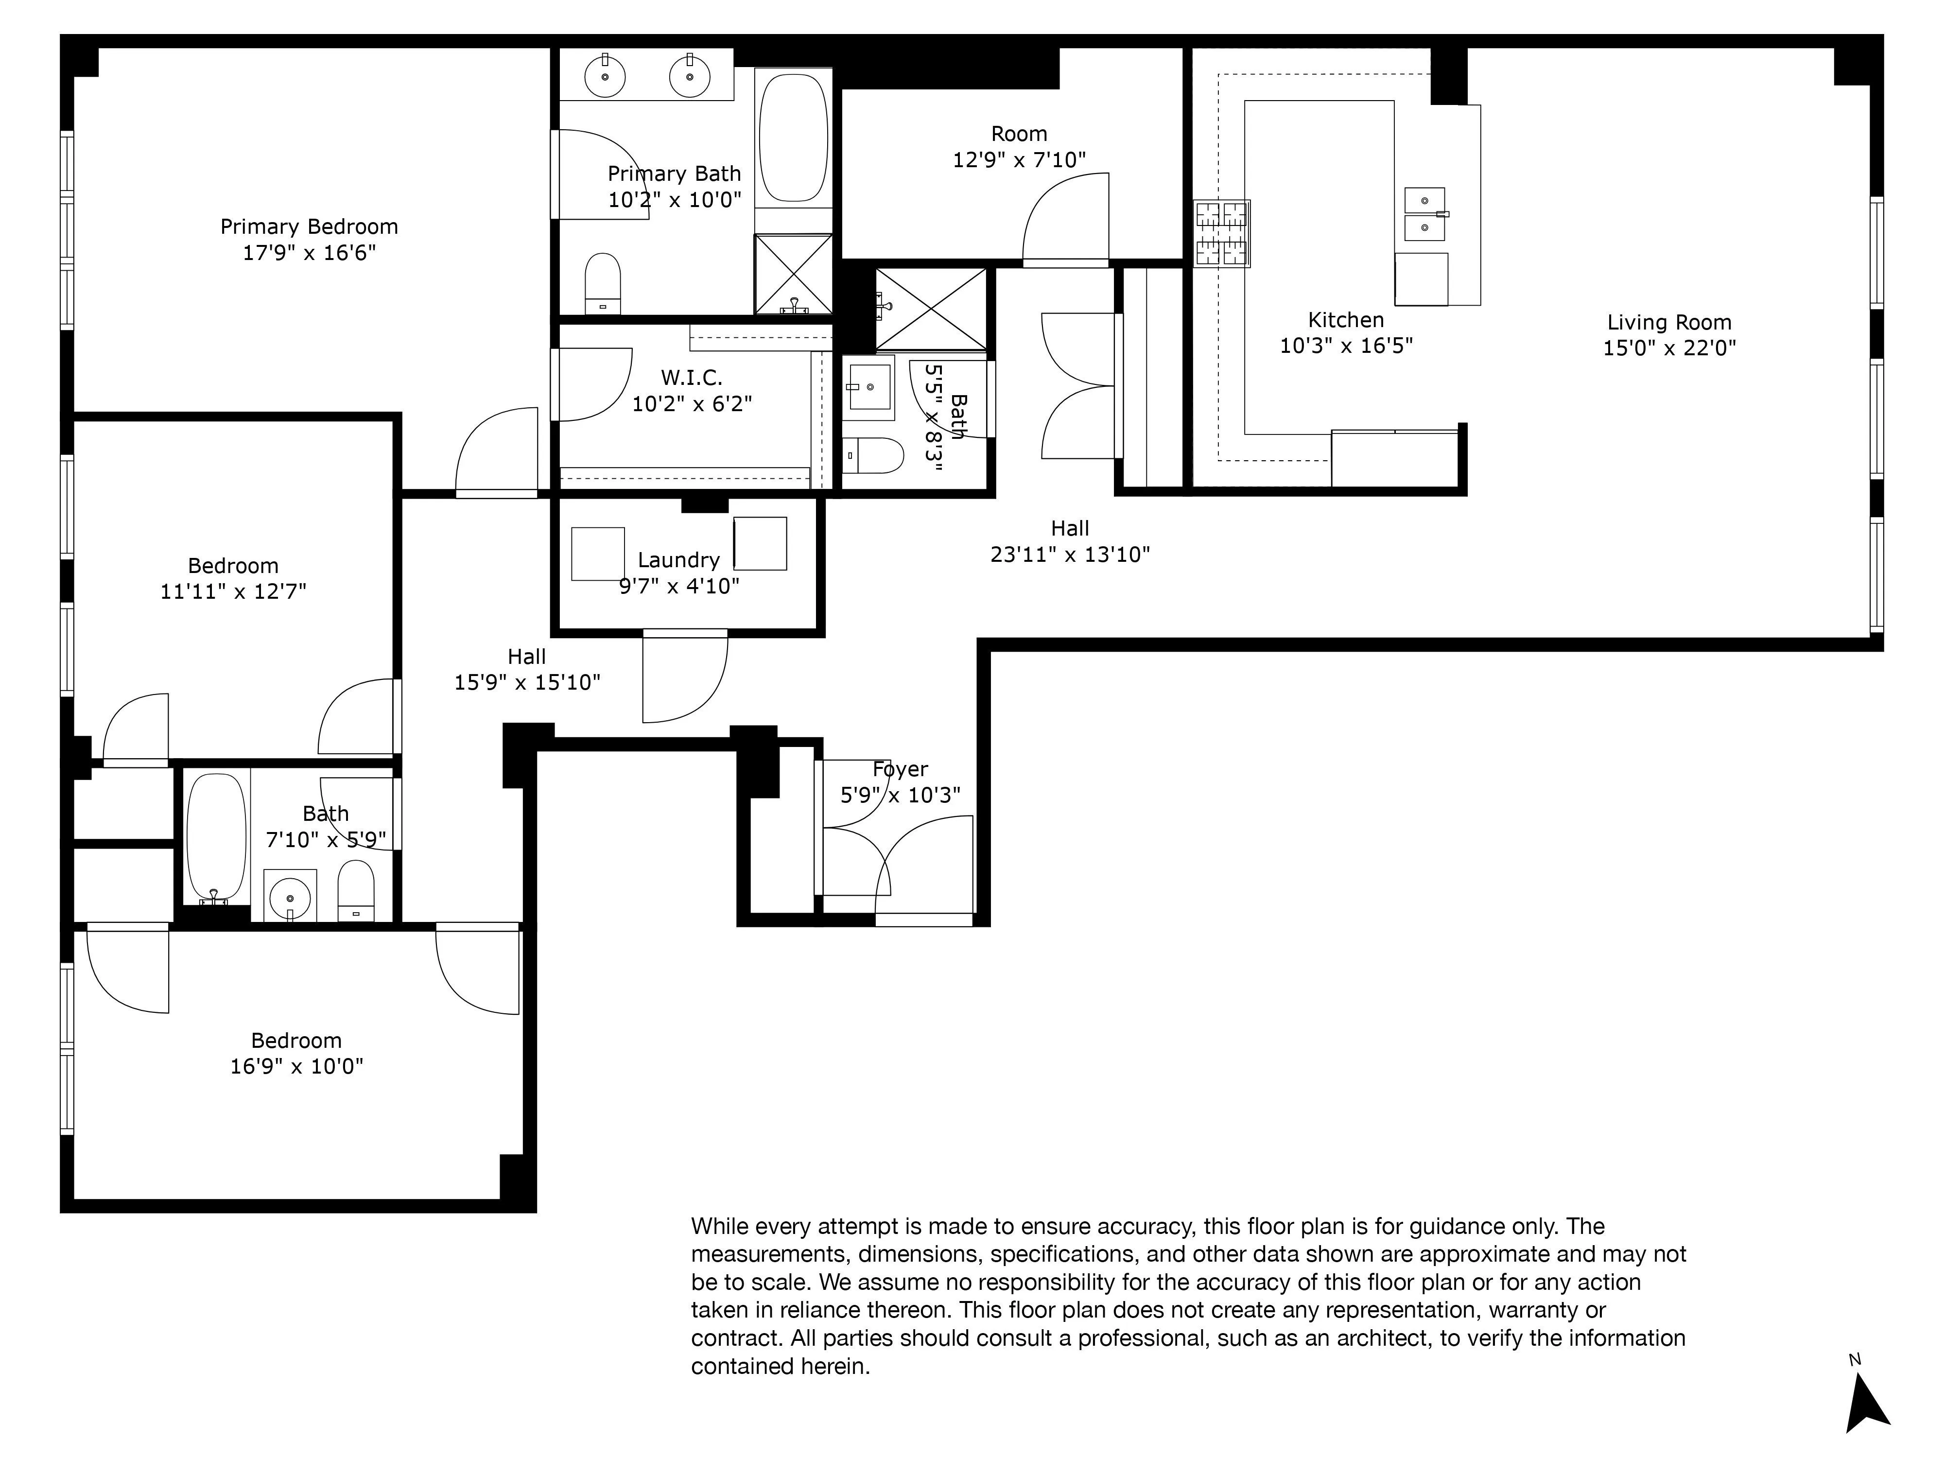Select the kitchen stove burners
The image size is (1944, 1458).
(1222, 234)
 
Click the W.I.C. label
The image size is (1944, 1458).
(692, 378)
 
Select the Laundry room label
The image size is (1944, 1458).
(678, 560)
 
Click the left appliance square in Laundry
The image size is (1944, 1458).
(598, 554)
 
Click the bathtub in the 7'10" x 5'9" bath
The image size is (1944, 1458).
(216, 837)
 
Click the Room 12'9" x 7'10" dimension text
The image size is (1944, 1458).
(1020, 160)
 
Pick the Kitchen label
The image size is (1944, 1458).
(1346, 320)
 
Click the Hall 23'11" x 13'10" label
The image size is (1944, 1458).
(1070, 528)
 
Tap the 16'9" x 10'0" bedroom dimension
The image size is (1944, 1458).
(297, 1066)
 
